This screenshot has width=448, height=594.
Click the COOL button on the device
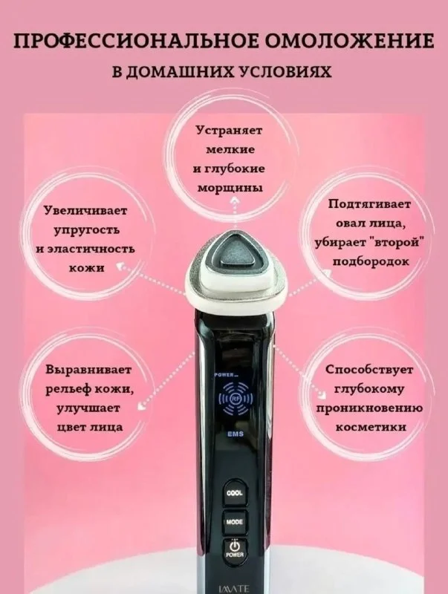point(234,493)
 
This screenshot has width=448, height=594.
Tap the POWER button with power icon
point(235,549)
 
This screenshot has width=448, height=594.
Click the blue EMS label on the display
point(236,434)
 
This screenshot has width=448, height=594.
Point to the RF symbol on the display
point(236,398)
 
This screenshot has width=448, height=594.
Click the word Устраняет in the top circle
point(230,131)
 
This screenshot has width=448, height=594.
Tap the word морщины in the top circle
point(230,189)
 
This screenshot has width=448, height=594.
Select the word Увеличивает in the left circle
point(85,211)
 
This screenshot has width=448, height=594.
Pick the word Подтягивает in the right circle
point(369,205)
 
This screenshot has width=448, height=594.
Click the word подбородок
point(370,262)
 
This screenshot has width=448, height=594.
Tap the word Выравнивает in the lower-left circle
point(88,370)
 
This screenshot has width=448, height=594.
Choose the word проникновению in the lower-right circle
point(369,408)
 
